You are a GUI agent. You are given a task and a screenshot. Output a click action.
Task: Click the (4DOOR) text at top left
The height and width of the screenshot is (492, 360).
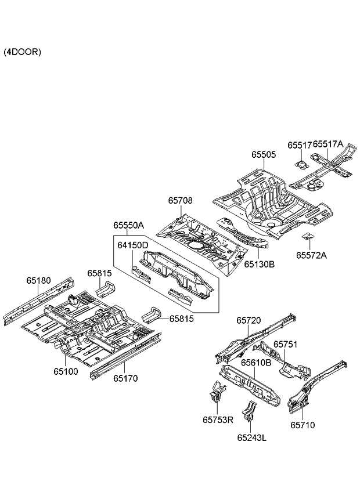[22, 52]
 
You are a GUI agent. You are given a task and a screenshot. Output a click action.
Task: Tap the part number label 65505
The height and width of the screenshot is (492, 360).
[263, 155]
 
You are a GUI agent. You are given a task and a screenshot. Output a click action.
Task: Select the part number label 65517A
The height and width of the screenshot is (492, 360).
[328, 144]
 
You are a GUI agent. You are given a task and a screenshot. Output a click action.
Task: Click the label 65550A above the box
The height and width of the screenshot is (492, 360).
[128, 225]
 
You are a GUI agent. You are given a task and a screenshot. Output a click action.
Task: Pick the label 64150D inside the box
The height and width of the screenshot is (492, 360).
[133, 245]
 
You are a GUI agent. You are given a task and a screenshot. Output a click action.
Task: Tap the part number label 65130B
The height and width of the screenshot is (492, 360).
[259, 264]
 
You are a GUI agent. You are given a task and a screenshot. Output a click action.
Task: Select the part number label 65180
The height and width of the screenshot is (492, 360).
[38, 280]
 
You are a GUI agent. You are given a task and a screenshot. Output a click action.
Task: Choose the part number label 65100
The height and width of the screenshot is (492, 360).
[66, 370]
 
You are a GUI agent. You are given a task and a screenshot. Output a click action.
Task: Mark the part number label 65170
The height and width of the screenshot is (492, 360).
[125, 378]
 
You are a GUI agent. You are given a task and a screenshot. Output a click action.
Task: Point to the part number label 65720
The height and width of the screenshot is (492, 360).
[248, 320]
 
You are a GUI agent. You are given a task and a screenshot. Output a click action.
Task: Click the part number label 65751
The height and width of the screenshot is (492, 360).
[285, 344]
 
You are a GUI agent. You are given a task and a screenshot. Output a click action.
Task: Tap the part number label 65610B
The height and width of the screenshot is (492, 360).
[256, 363]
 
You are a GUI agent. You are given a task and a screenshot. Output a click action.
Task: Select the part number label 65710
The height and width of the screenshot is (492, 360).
[303, 425]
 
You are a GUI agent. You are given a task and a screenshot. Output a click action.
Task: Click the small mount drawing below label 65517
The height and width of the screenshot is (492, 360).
[301, 161]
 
